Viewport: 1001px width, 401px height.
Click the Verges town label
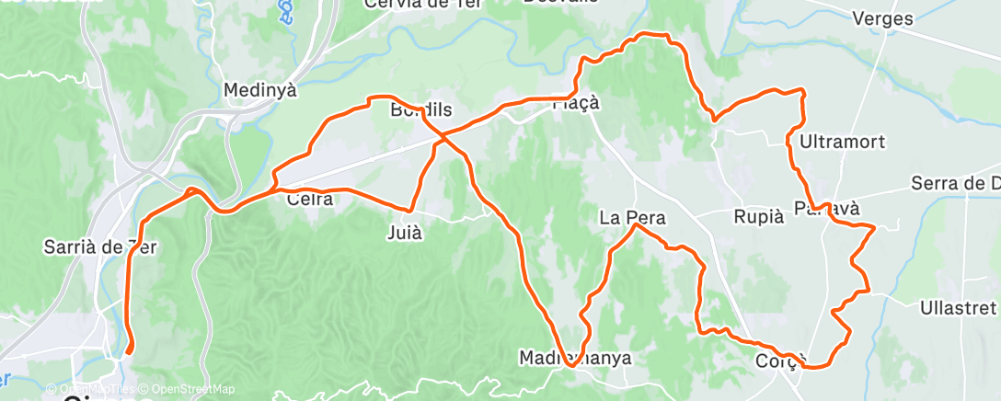click(882, 18)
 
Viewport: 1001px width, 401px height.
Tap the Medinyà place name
click(261, 90)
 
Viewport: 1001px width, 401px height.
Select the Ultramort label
click(842, 142)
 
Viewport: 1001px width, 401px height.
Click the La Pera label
click(632, 218)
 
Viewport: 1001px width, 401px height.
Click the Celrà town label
click(309, 198)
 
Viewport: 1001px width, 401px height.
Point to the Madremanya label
click(575, 357)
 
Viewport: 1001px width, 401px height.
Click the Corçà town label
click(781, 360)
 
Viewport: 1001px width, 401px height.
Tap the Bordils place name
click(421, 110)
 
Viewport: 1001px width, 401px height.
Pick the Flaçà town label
click(576, 103)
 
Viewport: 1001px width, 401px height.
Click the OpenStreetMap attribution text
click(194, 389)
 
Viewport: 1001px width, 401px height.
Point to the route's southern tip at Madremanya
click(571, 365)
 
